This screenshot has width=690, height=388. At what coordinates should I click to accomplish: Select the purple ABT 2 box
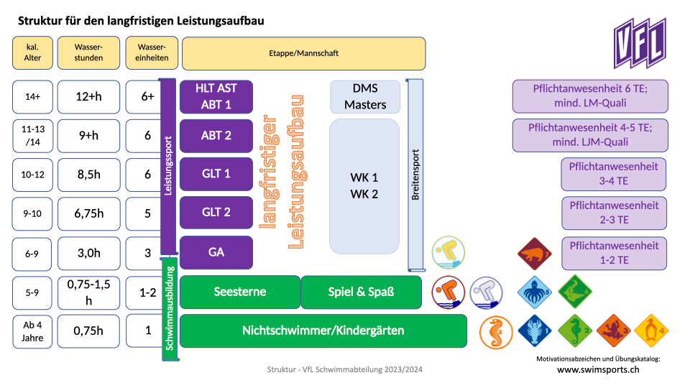coord(216,135)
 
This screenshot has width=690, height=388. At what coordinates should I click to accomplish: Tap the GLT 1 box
coord(216,174)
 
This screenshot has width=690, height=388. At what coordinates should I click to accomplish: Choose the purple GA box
coord(216,251)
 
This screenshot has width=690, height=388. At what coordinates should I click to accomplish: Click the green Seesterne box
coord(239,292)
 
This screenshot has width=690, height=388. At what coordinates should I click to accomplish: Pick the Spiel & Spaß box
coord(361,292)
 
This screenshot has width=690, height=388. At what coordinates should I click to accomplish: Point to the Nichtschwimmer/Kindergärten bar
coord(323,331)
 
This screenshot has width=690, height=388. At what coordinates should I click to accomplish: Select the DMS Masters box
coord(364,96)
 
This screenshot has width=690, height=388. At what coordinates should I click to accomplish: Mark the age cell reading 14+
coord(33,96)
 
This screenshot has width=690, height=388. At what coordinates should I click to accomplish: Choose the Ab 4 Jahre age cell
coord(33,331)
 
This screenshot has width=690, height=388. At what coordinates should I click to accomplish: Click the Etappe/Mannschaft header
coord(303,53)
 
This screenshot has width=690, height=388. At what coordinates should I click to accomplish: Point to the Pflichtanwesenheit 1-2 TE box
coord(614,253)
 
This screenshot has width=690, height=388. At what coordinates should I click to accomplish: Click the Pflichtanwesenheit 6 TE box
coord(590,96)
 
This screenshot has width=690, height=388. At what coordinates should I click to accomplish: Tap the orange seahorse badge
coord(497,331)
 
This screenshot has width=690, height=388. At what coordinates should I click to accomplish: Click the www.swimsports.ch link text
coord(598,370)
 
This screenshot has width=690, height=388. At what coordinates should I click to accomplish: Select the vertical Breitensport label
coord(415,174)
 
